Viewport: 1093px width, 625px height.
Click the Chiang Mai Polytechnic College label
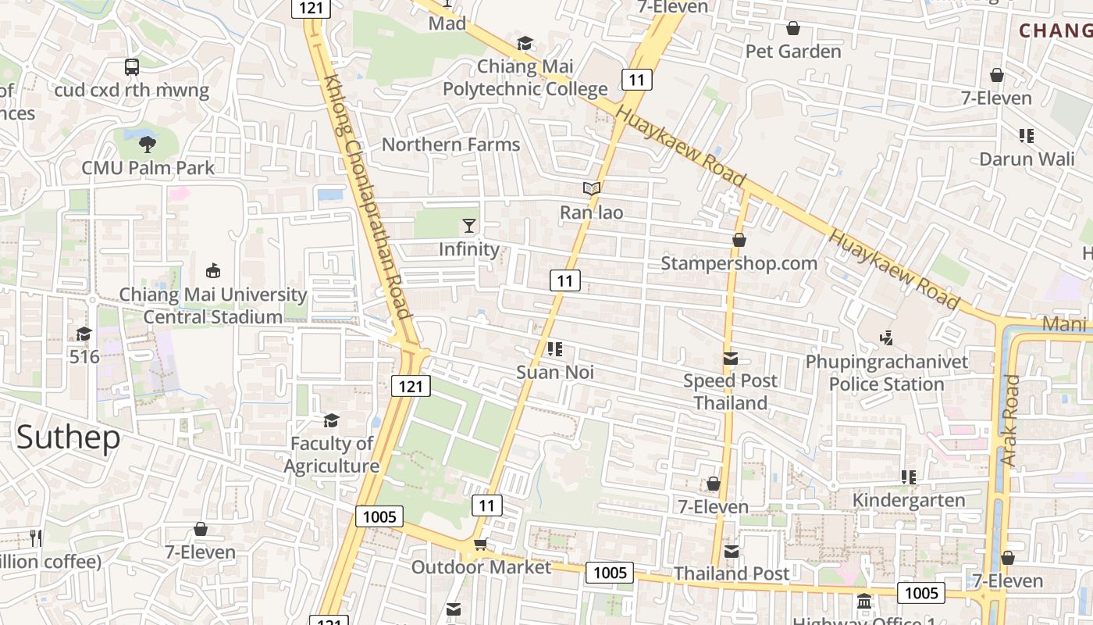tap(525, 78)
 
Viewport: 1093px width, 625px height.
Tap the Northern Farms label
tap(450, 145)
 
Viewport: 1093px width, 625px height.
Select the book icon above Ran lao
tap(592, 188)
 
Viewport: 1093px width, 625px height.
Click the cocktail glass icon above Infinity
tap(468, 226)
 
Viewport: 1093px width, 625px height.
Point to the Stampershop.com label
tap(739, 263)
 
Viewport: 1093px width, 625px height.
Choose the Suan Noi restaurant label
tap(555, 372)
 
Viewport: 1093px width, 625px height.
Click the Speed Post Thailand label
tap(731, 391)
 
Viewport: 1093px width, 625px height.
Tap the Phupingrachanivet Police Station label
tap(887, 373)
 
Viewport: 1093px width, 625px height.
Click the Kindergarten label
tap(909, 500)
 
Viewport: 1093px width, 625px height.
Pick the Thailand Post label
tap(732, 573)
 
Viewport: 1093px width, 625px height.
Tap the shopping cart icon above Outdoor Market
tap(480, 544)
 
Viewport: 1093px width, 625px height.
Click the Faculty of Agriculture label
tap(332, 455)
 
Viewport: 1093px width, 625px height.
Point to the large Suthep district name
tap(68, 437)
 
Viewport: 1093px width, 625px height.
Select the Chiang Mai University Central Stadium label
tap(212, 305)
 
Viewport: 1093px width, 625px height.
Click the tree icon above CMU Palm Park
tap(147, 144)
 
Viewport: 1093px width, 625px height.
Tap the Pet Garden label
tap(793, 52)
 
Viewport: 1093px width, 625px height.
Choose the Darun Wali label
tap(1027, 159)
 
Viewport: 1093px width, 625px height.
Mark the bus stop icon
tap(132, 67)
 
